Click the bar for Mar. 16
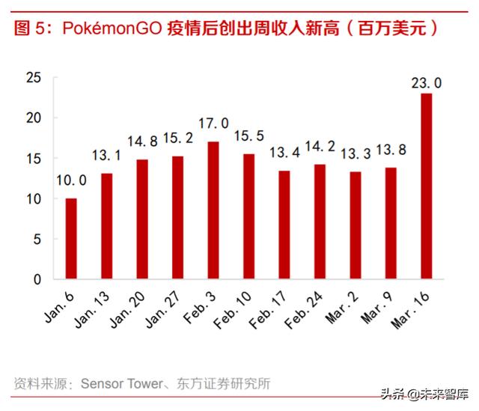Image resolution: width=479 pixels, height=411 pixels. click(426, 186)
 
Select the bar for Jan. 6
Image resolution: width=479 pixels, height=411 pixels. click(71, 239)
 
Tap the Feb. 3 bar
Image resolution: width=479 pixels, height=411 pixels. click(213, 210)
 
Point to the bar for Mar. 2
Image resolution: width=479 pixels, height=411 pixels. click(355, 225)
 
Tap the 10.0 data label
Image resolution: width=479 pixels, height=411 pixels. click(71, 180)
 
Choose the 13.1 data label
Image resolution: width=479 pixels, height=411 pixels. click(106, 156)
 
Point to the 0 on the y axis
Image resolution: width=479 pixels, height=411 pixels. click(37, 279)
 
